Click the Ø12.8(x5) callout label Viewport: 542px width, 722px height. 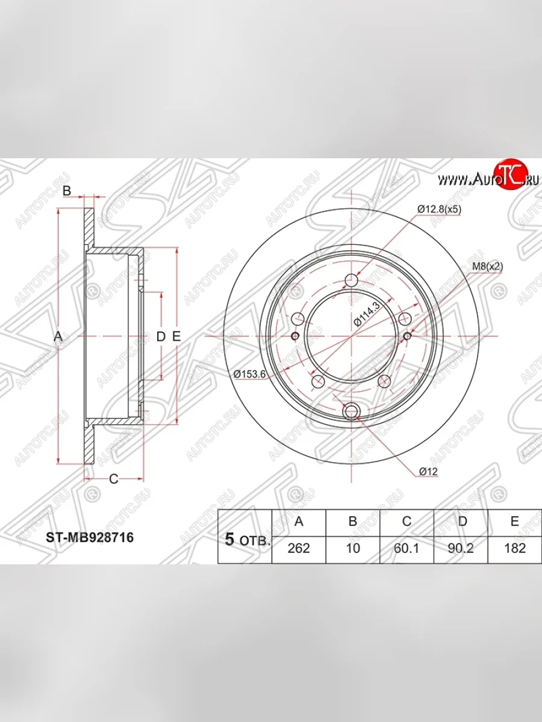tap(439, 209)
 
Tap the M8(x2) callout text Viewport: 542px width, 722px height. tap(487, 266)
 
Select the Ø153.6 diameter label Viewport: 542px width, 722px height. tap(249, 374)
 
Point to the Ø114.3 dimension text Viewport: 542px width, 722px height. tap(367, 314)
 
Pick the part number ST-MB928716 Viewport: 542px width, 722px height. tap(90, 537)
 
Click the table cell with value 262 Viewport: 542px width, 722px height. tap(299, 548)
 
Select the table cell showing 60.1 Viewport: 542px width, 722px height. tap(406, 548)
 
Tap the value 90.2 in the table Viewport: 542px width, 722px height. tap(461, 548)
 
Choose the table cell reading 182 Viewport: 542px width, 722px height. tap(515, 548)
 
